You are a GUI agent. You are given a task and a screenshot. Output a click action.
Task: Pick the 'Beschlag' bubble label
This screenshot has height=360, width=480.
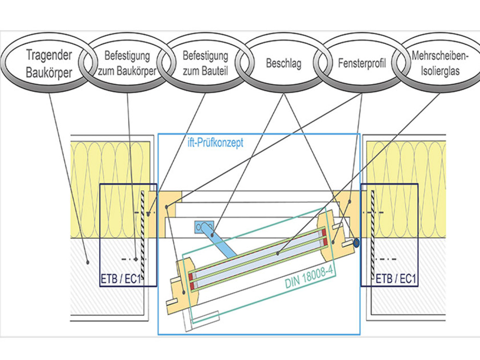point(283,64)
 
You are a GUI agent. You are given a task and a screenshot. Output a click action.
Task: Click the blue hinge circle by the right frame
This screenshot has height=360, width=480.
point(356,243)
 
